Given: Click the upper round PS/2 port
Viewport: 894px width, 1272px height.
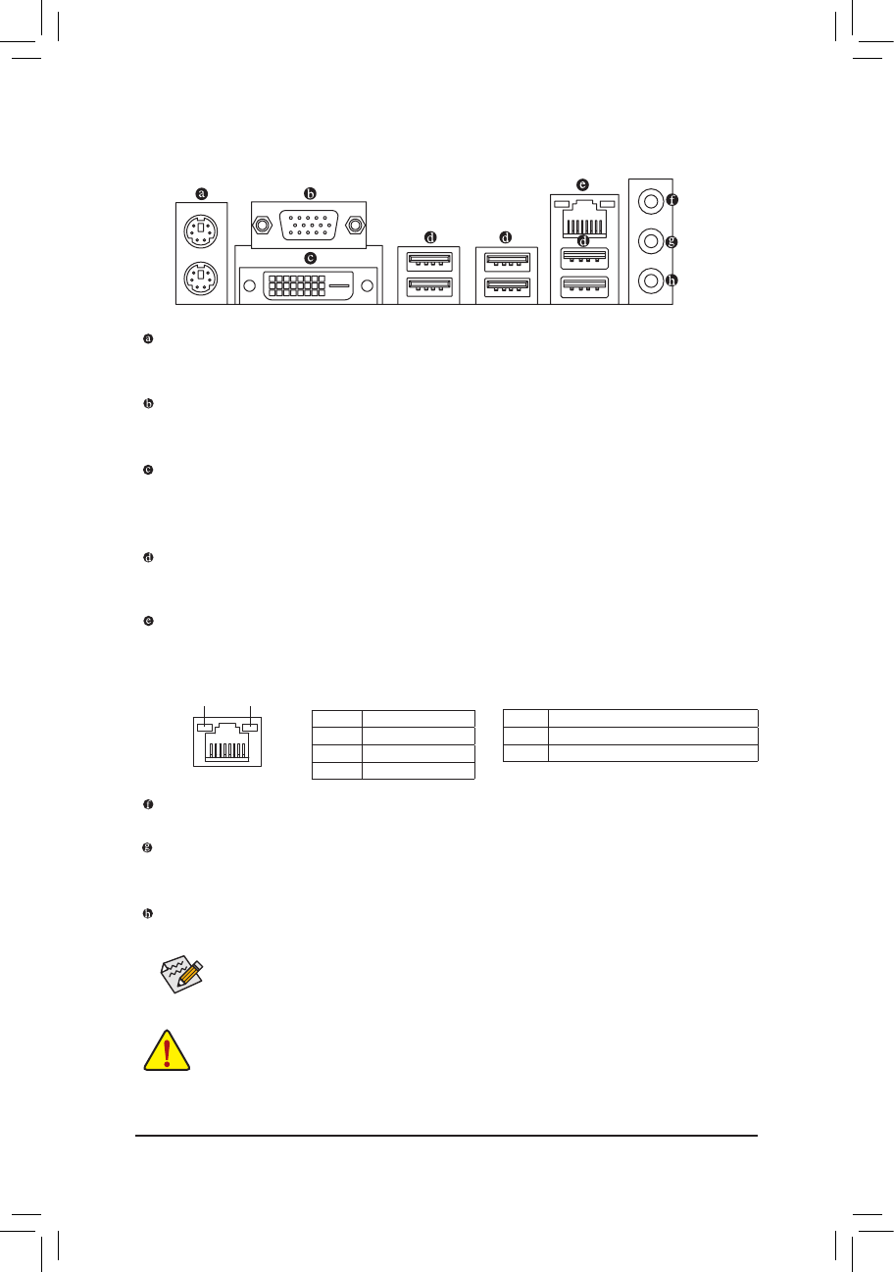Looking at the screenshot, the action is point(201,232).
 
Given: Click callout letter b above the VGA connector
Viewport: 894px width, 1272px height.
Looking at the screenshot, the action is point(310,192).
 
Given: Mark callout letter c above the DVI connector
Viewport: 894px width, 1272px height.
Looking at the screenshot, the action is point(311,258).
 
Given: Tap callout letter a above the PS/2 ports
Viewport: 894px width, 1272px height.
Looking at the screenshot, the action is point(202,192).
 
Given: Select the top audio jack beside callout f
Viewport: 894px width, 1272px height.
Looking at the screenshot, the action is point(648,200).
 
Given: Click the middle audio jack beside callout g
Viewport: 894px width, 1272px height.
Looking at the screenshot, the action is point(648,240).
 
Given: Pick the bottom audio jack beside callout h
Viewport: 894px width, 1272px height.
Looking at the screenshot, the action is point(648,280).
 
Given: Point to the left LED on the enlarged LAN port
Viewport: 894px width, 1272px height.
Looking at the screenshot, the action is point(205,728).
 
